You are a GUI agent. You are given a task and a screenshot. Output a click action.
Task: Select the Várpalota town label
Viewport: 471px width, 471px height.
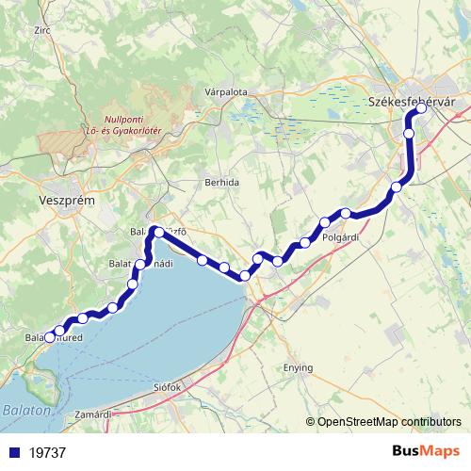pos(225,92)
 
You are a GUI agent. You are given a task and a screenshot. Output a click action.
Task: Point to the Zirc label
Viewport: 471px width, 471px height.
pos(41,30)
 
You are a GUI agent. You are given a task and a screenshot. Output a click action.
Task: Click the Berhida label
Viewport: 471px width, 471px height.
pos(222,182)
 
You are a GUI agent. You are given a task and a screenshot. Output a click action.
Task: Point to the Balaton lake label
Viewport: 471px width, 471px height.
pos(22,411)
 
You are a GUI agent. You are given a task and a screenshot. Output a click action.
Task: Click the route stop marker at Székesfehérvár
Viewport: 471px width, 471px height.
pos(421,108)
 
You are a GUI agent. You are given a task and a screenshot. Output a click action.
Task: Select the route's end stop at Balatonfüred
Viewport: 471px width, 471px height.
pos(50,337)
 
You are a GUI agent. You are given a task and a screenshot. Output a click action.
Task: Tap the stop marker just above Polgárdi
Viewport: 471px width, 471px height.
pos(346,213)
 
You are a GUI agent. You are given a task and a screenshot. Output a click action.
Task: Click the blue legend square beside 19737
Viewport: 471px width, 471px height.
pos(13,452)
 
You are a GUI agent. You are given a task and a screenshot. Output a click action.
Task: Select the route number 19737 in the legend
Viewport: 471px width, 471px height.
pos(47,452)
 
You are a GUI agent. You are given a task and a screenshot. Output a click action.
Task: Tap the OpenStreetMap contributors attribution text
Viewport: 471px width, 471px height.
pos(388,422)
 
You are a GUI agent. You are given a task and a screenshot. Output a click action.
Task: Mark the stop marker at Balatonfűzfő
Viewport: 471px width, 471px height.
pos(158,231)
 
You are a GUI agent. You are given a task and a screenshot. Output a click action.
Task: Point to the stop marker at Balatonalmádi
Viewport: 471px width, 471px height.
pos(144,263)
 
